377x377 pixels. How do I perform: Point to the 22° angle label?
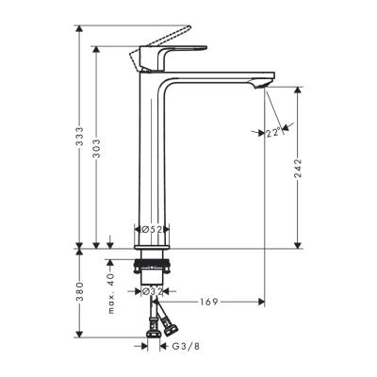(272, 133)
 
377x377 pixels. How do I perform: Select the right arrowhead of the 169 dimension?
(260, 302)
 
